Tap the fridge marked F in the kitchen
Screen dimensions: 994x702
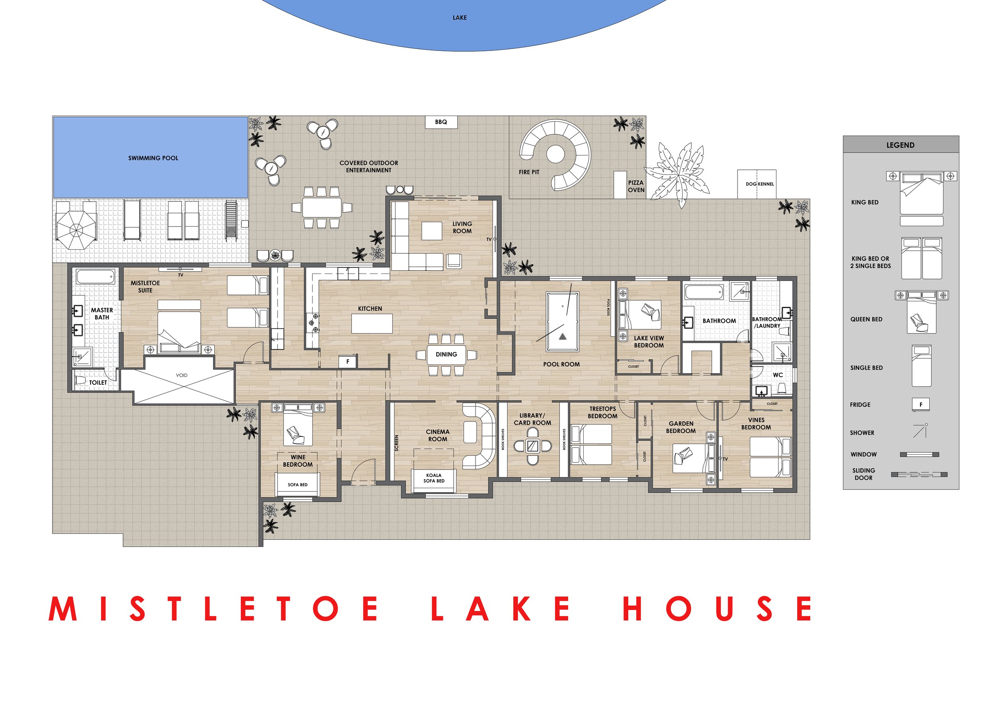(348, 361)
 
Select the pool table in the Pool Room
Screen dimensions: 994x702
(562, 321)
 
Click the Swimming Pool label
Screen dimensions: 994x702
(153, 158)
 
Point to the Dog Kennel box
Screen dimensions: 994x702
(757, 184)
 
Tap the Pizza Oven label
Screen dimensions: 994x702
(636, 186)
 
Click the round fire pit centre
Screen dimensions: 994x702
(555, 154)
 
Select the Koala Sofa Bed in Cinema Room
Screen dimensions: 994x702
(434, 481)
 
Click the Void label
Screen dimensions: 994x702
(182, 375)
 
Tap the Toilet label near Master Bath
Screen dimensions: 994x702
(98, 382)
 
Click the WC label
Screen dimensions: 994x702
(778, 375)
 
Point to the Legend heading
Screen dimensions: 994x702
(901, 145)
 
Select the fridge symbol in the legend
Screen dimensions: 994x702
(921, 405)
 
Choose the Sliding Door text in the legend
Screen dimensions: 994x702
(864, 474)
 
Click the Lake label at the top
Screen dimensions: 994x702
(460, 18)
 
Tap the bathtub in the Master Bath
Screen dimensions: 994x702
(96, 276)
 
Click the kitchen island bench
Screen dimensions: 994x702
(372, 323)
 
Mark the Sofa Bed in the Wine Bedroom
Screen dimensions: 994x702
(297, 484)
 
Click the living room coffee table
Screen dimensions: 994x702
(432, 231)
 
